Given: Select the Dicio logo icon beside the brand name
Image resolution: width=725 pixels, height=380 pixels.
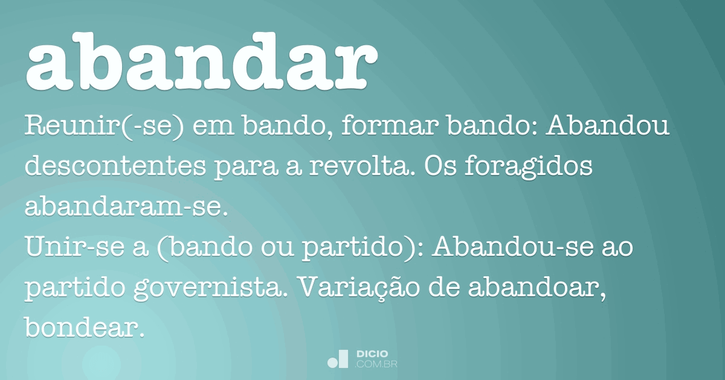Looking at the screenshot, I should (x=338, y=359).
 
